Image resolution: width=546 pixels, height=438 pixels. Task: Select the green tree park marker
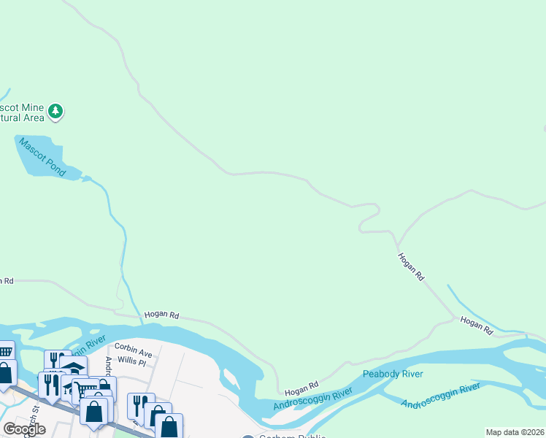click(55, 112)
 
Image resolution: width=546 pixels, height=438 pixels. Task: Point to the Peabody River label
click(393, 374)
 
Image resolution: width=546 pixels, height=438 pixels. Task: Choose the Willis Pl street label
click(131, 361)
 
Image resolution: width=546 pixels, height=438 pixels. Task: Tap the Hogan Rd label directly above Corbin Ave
click(161, 315)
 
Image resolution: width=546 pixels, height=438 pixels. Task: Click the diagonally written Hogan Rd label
click(411, 267)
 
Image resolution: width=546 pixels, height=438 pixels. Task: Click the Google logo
click(24, 429)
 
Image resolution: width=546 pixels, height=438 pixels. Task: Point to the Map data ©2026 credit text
click(515, 432)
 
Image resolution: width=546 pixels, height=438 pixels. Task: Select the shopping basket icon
click(5, 352)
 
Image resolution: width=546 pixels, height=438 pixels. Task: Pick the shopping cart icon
click(86, 389)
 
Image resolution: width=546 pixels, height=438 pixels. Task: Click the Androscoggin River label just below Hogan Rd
click(313, 399)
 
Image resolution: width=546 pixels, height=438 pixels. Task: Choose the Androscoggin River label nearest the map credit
click(440, 395)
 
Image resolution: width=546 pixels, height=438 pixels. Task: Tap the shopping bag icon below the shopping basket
click(5, 372)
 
